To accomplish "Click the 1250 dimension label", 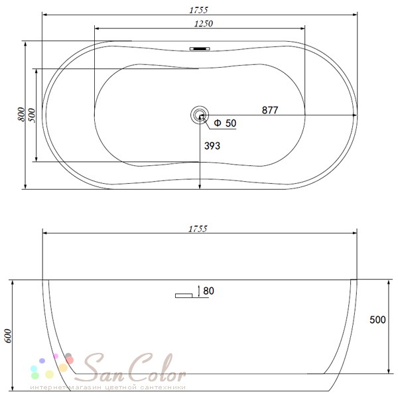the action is coord(204,24).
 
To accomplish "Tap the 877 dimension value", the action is coord(270,110).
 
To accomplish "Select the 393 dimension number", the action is coord(212,146).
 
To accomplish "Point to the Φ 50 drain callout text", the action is coord(225,123).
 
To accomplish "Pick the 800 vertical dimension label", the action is coord(22,114).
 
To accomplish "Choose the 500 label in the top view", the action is coord(33,115).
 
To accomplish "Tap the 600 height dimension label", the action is coord(8,336).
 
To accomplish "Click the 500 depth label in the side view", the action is coord(377,320).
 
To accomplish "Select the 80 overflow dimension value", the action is coord(209,291).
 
